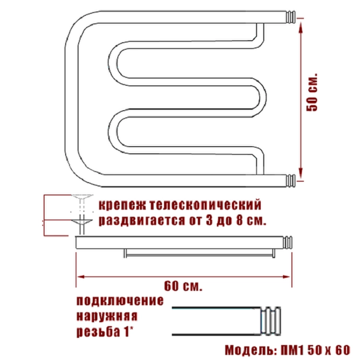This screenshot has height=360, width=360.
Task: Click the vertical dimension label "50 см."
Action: (x=313, y=93)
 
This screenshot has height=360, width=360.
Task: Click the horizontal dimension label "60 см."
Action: (x=183, y=286)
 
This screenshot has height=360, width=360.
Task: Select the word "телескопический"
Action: (x=206, y=205)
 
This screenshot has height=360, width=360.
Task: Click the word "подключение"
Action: (x=120, y=301)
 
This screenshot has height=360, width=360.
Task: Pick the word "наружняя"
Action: (x=107, y=316)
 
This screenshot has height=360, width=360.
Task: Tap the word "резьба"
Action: (x=97, y=332)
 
